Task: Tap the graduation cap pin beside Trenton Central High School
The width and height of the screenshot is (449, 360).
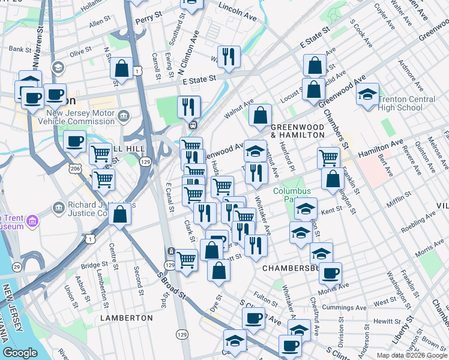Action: pos(367,94)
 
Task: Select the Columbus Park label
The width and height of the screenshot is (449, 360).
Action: pos(292,196)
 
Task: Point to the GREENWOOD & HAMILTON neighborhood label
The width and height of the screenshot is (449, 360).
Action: pos(297,131)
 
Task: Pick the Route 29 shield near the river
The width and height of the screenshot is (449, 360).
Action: pos(17,266)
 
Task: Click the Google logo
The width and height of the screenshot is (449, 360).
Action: pos(20,353)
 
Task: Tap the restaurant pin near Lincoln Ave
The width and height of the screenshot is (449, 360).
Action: pos(228,56)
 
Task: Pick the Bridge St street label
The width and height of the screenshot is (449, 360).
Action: pos(94,265)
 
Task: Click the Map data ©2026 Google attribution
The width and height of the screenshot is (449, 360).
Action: pos(411,355)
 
